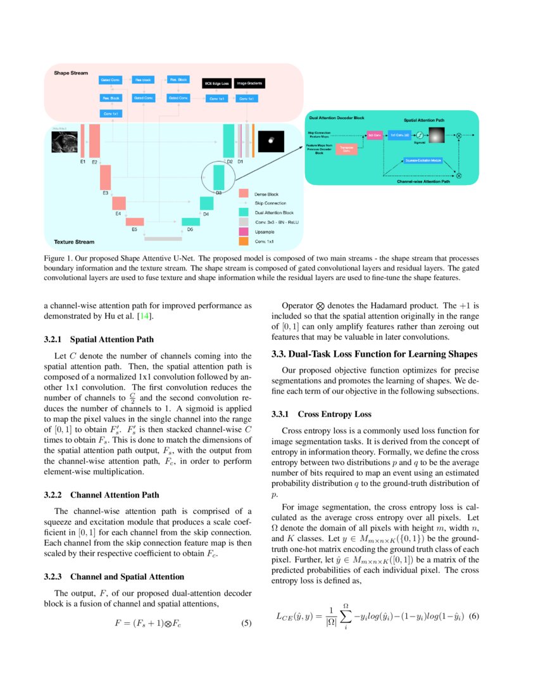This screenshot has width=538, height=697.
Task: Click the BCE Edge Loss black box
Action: click(216, 83)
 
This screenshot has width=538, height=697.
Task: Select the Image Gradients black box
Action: click(249, 83)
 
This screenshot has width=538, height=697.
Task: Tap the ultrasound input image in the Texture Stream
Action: click(65, 143)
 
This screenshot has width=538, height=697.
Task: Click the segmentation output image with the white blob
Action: click(270, 141)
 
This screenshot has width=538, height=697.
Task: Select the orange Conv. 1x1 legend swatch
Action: click(243, 241)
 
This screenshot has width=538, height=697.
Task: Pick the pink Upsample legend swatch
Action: click(243, 232)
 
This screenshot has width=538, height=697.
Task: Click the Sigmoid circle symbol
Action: click(418, 134)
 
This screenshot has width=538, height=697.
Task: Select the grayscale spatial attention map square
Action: click(437, 135)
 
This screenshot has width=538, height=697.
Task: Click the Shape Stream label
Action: click(70, 74)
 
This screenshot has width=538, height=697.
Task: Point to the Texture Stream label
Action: click(73, 241)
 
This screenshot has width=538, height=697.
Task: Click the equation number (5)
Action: click(247, 623)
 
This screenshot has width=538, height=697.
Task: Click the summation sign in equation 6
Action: click(346, 617)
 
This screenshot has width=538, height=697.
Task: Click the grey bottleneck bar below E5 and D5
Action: click(163, 239)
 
